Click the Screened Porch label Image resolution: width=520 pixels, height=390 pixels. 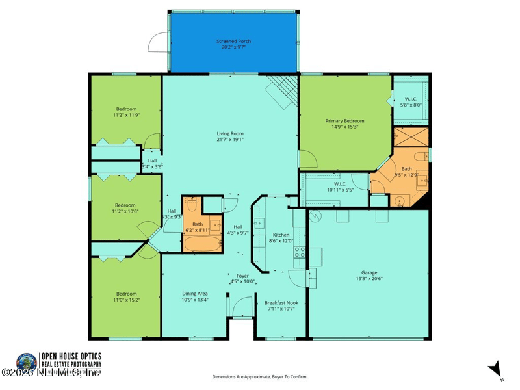[x=233, y=42]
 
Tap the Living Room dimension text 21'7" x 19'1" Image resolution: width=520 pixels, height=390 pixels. [x=230, y=139]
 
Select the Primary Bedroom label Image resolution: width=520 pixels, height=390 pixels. [x=344, y=121]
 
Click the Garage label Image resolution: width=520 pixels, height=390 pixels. [x=369, y=272]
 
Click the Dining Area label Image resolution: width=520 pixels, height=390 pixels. [x=194, y=294]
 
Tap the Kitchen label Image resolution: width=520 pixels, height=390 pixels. [x=281, y=235]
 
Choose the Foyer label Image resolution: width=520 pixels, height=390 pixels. [x=242, y=275]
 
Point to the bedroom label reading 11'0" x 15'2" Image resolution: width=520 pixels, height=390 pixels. [x=126, y=294]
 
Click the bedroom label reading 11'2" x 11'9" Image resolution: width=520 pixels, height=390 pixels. [x=126, y=109]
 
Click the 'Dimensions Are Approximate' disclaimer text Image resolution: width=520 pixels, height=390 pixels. [x=260, y=376]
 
